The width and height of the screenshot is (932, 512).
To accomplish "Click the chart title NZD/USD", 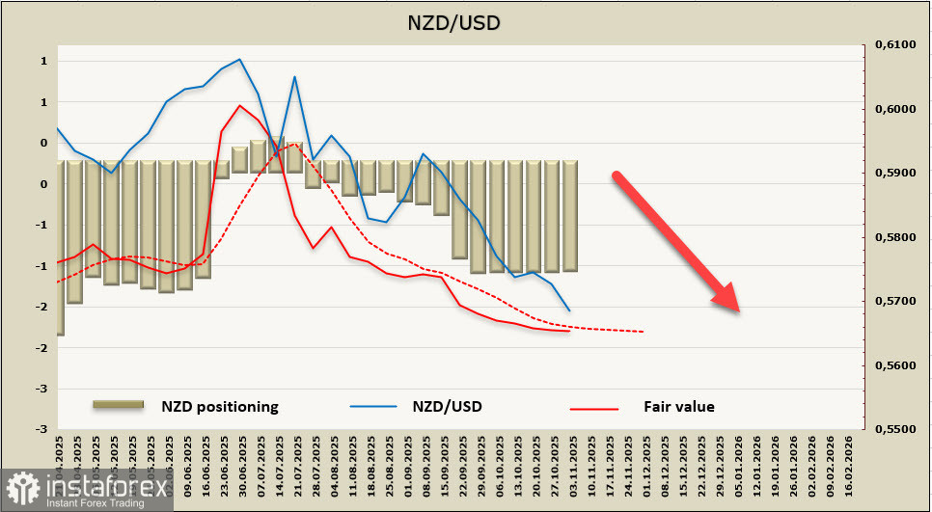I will pos(466,21).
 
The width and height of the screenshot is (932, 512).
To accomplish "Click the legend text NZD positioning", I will pos(220,407).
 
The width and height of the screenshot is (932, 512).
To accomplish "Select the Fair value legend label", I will pos(679,407).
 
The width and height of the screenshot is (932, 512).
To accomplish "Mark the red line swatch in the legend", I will pos(593,409).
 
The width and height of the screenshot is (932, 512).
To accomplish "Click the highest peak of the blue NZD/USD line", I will pos(239,59).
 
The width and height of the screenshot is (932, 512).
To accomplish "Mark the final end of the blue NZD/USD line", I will pos(569,310).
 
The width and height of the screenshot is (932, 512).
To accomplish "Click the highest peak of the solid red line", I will pos(239,105).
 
